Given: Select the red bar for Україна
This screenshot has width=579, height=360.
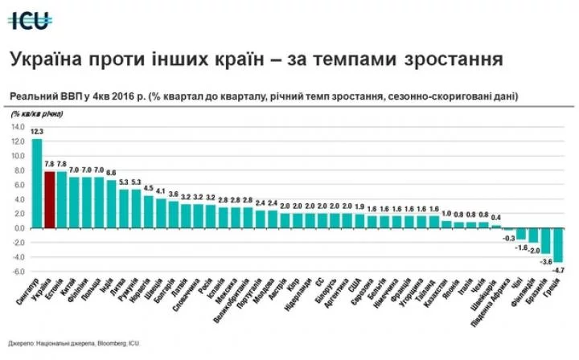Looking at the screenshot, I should coord(49,199).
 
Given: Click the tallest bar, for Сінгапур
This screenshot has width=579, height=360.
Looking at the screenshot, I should coord(37,183).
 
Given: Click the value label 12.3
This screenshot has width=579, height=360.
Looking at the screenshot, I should coord(37,131).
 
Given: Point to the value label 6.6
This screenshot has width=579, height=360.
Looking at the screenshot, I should coord(111,173).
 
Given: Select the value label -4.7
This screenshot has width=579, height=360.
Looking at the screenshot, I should coord(558,270).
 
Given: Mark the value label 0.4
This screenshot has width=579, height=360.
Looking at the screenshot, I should coord(496,217).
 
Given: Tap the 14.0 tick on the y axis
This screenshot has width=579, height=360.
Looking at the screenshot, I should coord(18,127).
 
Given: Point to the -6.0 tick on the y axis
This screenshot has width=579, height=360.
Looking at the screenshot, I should coord(18,272).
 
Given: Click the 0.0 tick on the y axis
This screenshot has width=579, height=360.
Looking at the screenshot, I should coord(19,228).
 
